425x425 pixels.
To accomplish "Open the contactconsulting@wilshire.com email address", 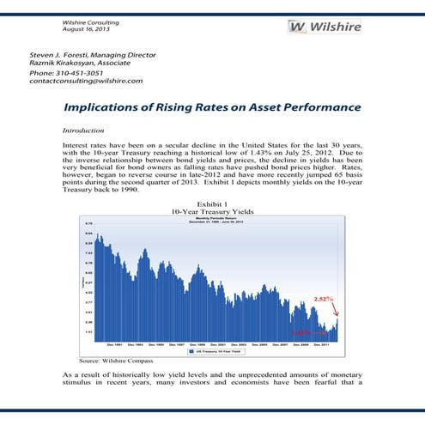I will [86, 81].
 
